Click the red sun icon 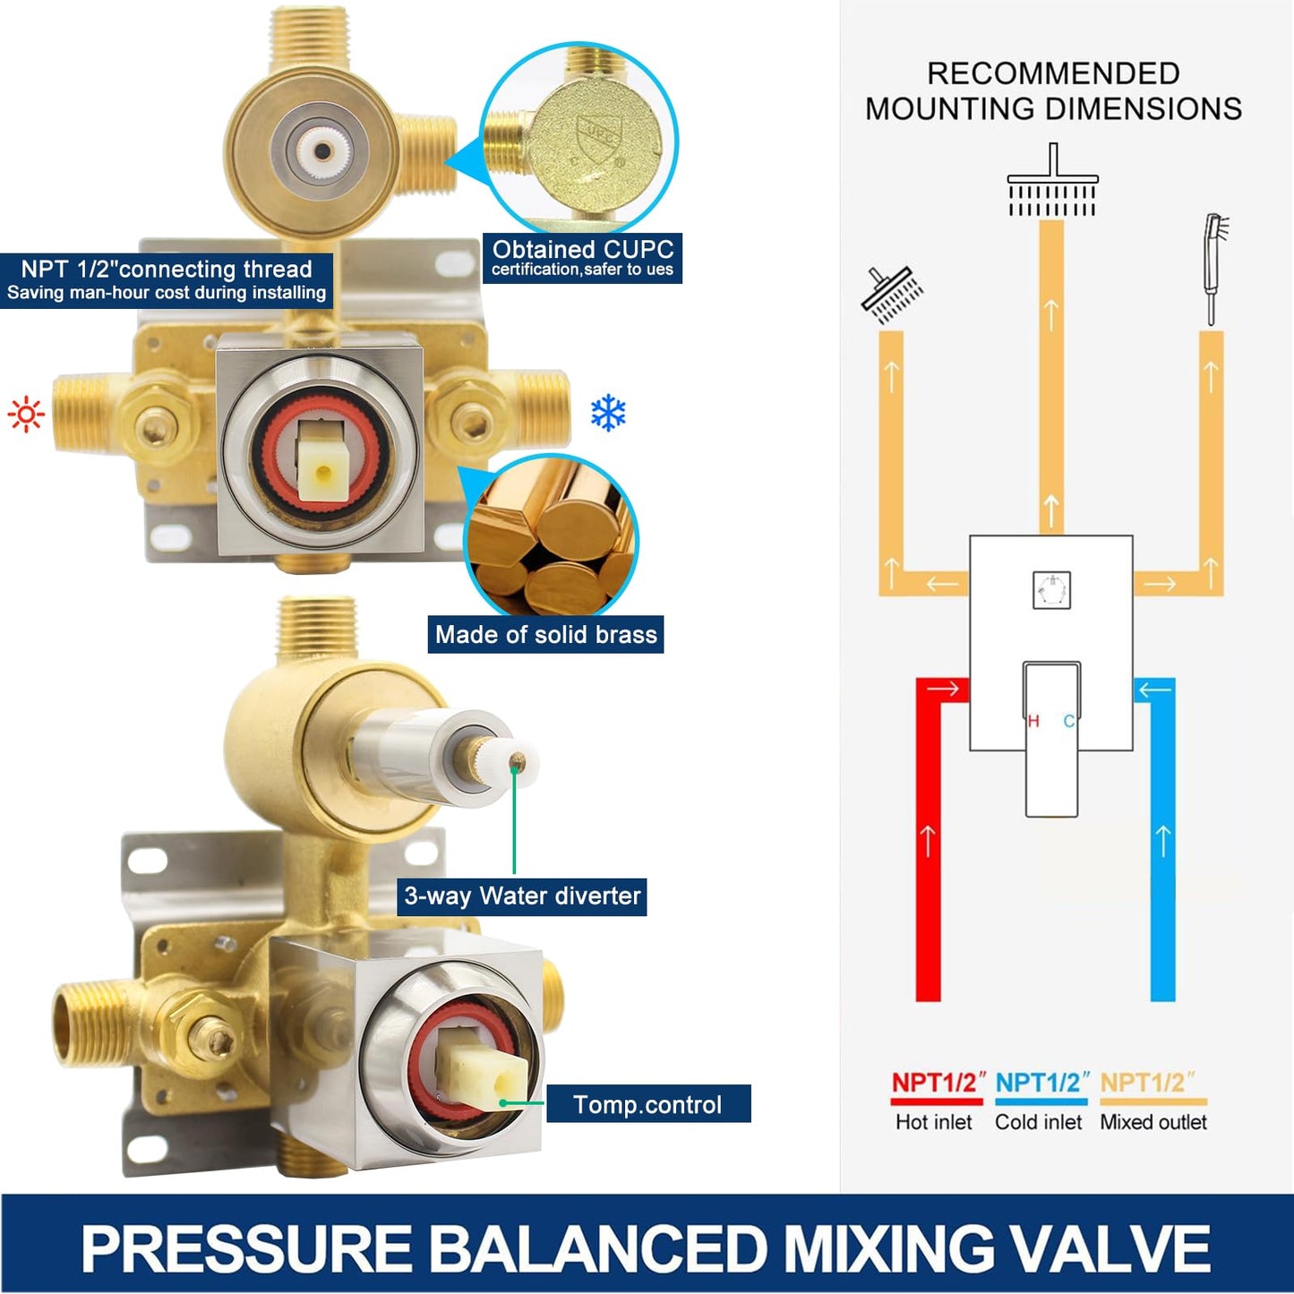26,415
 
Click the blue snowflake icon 608,412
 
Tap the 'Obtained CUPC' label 582,249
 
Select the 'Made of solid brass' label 546,634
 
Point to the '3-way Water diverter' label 522,896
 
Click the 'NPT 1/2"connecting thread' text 167,269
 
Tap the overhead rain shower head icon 1052,180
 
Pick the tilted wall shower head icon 891,295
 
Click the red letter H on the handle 1033,721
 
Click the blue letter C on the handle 1069,721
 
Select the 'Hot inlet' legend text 933,1122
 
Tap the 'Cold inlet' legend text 1038,1122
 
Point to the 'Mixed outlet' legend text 1153,1122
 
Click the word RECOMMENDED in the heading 1053,73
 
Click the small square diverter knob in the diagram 1051,589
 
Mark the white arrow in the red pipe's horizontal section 945,689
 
